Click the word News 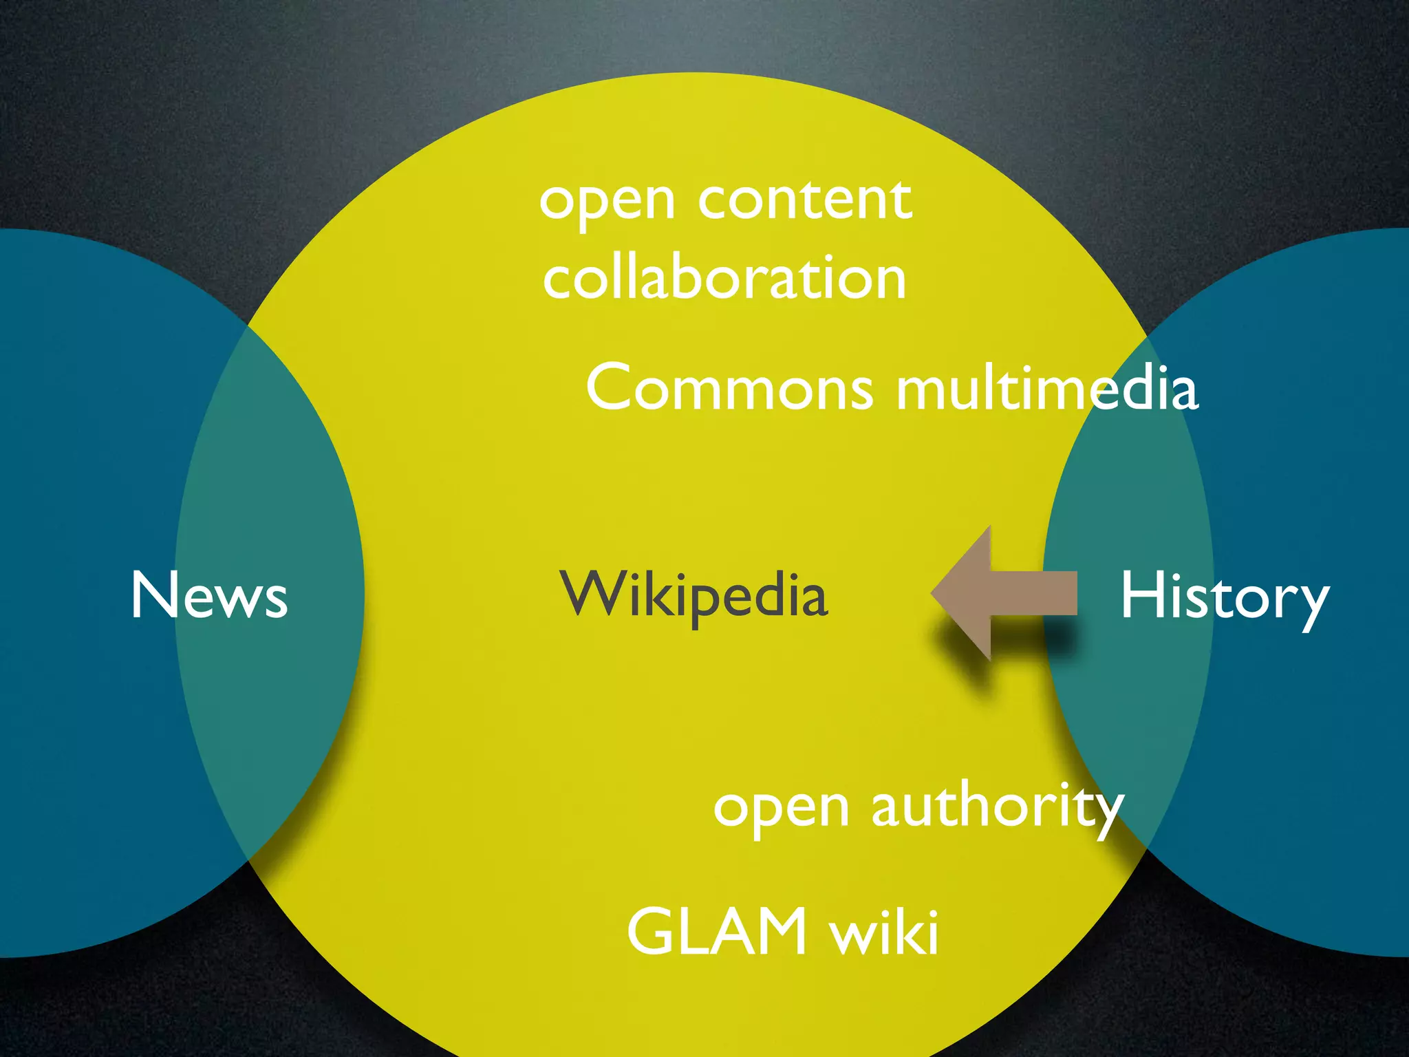pyautogui.click(x=209, y=596)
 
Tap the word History pyautogui.click(x=1223, y=597)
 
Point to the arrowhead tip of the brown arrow pyautogui.click(x=934, y=593)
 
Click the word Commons pyautogui.click(x=729, y=388)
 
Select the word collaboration pyautogui.click(x=724, y=278)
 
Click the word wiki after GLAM pyautogui.click(x=884, y=932)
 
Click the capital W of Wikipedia pyautogui.click(x=593, y=593)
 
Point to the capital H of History pyautogui.click(x=1142, y=596)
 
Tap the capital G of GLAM pyautogui.click(x=651, y=932)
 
